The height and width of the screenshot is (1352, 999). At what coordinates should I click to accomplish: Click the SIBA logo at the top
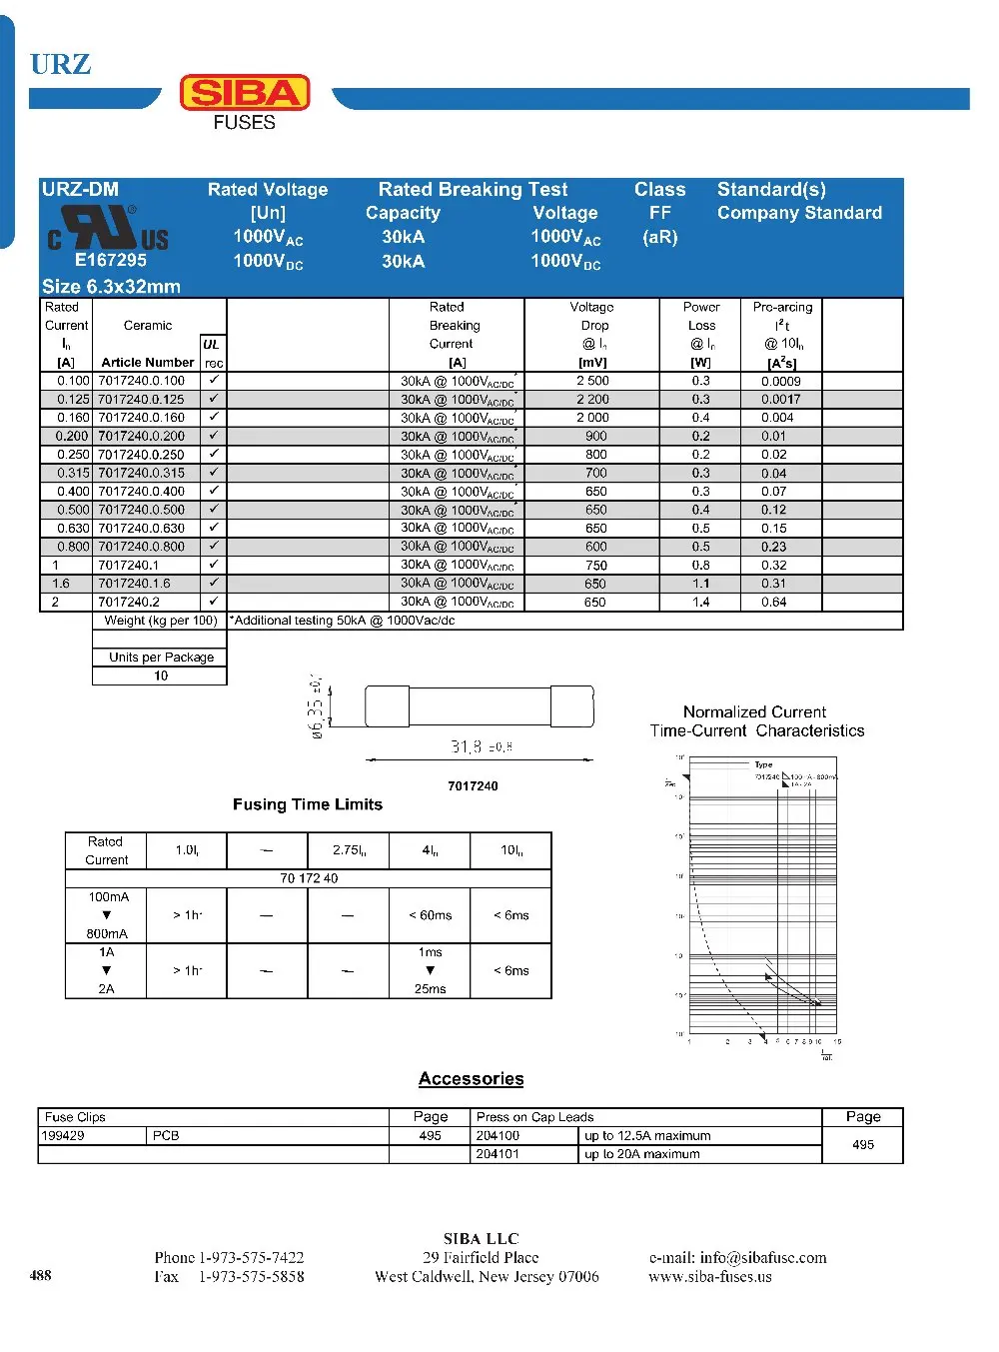245,93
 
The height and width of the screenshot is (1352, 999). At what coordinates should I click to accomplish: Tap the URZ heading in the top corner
60,64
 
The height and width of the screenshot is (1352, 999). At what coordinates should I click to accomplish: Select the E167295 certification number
110,260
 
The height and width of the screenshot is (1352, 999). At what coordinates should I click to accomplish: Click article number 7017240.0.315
141,473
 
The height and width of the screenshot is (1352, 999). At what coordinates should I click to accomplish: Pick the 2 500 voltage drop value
592,381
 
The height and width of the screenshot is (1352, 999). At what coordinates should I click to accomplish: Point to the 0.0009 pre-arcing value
780,381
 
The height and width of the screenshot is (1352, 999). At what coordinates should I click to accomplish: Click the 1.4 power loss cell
700,602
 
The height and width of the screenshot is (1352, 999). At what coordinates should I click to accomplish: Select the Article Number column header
147,362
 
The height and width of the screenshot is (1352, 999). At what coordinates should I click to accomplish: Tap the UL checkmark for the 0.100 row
213,381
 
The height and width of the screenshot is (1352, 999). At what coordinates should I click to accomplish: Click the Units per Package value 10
160,676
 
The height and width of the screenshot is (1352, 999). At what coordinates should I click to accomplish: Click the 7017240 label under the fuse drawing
473,785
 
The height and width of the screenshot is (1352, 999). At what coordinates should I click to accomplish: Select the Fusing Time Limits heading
308,804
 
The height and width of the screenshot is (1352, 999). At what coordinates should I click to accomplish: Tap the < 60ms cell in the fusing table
430,915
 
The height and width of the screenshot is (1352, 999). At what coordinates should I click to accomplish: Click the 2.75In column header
349,850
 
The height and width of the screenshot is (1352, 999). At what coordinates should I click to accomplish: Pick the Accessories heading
471,1078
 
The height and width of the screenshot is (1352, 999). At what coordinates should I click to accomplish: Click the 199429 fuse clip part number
63,1135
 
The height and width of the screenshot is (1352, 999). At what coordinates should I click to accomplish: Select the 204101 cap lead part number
498,1153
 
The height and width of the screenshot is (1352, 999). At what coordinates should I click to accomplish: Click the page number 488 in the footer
41,1274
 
